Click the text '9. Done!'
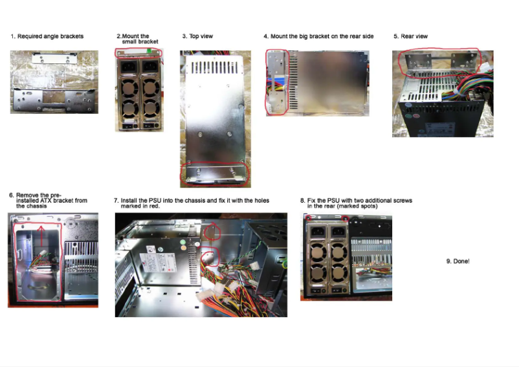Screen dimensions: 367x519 click(458, 261)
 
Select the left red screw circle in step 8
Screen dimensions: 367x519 click(309, 218)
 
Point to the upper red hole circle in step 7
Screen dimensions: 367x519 click(213, 231)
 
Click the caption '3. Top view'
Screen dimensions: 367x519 click(197, 36)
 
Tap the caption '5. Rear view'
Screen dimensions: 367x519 click(410, 36)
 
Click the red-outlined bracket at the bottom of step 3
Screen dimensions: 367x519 click(215, 173)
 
